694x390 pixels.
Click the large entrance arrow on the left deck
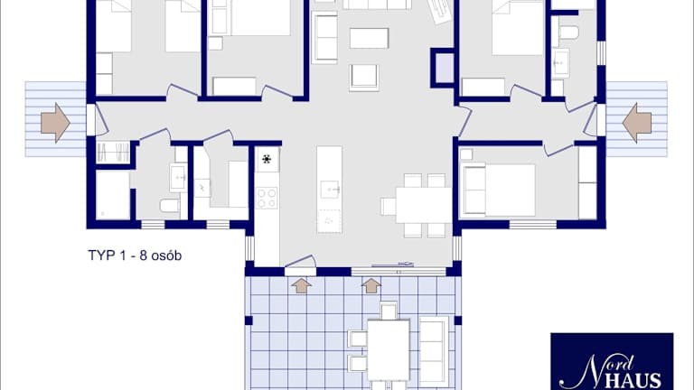[55, 123]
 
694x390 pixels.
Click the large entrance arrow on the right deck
[637, 123]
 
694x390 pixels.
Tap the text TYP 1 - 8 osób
[135, 255]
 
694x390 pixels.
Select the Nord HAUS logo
[612, 361]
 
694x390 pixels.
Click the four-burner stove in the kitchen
[267, 198]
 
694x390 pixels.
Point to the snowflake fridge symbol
[267, 159]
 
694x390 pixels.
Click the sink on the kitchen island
[329, 190]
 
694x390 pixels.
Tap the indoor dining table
[424, 205]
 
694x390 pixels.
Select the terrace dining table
[389, 349]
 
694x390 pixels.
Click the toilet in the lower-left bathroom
[170, 205]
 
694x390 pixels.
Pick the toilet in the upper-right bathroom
[569, 32]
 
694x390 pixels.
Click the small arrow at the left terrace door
[302, 285]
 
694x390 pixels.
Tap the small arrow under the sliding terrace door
[370, 285]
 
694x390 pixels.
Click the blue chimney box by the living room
[443, 68]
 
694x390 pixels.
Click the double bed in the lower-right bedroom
[498, 190]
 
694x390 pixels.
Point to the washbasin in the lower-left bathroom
[178, 177]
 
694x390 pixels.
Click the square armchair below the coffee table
[364, 78]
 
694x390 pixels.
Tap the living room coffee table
[369, 38]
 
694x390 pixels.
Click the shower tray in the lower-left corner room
[113, 195]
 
